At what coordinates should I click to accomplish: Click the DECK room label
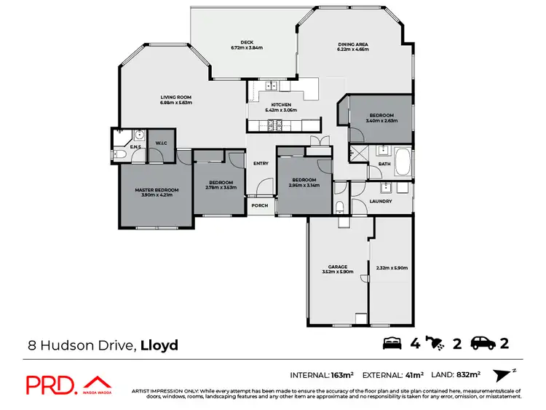click(246, 42)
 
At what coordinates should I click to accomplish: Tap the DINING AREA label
click(352, 44)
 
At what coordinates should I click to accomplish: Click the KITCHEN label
click(281, 105)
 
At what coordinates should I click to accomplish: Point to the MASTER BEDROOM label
click(156, 189)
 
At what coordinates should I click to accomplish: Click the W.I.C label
click(161, 142)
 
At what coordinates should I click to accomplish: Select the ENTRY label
click(261, 163)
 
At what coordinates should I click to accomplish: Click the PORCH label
click(260, 205)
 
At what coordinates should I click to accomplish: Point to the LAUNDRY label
click(381, 201)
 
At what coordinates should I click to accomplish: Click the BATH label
click(384, 165)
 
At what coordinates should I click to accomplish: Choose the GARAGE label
click(337, 267)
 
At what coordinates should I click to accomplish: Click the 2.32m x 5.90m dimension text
click(392, 268)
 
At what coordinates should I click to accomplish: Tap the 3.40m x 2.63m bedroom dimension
click(381, 122)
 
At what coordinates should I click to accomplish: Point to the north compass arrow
click(500, 374)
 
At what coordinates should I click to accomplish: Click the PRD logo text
click(52, 385)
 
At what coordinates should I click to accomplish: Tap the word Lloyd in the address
click(159, 344)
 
